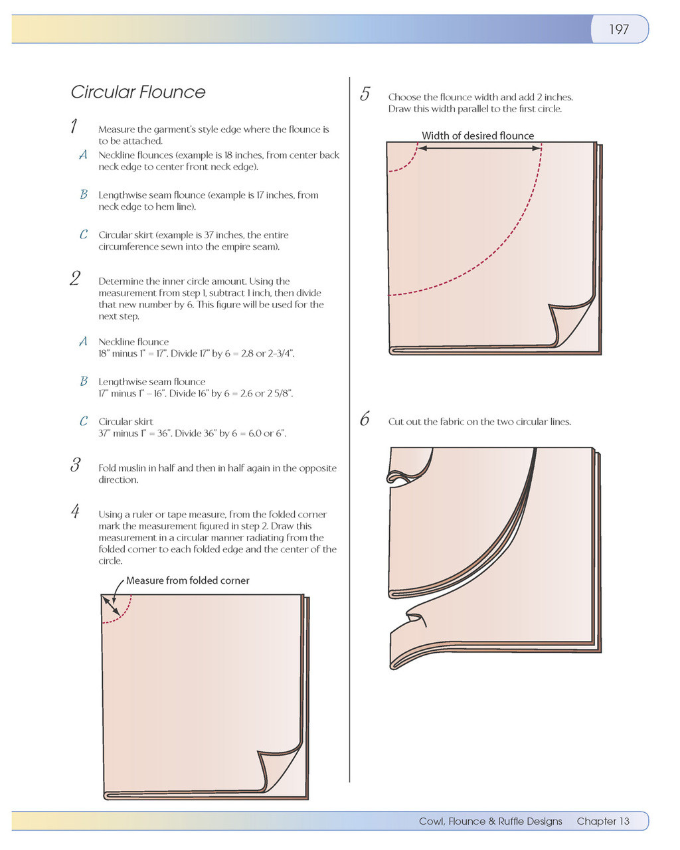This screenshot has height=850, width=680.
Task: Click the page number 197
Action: coord(618,29)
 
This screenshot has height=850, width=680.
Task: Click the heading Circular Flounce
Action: coord(138,92)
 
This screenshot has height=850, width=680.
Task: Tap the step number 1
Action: coord(74,126)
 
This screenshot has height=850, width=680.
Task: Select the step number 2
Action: coord(75,278)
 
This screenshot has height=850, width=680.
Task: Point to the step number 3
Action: coord(75,465)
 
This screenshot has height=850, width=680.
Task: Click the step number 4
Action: coord(75,511)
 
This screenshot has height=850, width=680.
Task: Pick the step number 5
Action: coord(365,94)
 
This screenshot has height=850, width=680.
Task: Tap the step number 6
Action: coord(365,419)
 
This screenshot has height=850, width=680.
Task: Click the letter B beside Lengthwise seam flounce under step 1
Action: coord(83,195)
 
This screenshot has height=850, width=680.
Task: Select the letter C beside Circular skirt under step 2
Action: coord(83,421)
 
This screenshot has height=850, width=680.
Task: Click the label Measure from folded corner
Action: coord(188,580)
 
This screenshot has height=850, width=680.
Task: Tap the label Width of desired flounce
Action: coord(477,135)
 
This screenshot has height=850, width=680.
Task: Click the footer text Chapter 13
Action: coord(602,821)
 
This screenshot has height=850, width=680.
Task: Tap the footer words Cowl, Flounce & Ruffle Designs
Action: coord(490,821)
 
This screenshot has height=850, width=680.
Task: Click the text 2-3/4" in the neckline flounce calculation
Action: coord(280,353)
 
